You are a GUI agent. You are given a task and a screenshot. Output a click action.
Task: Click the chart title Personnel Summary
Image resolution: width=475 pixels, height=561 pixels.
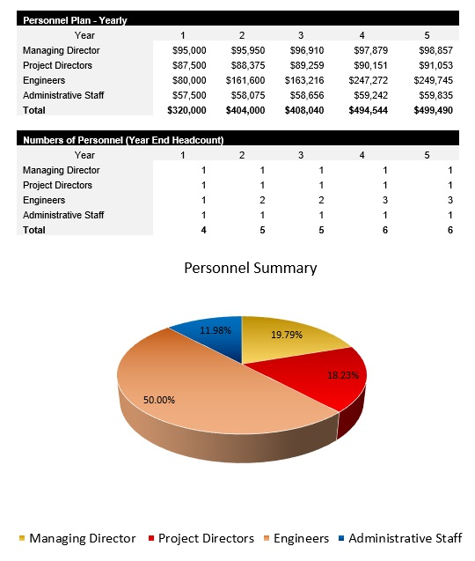(x=250, y=268)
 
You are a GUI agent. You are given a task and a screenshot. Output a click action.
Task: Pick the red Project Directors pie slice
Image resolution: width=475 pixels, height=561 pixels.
(x=339, y=380)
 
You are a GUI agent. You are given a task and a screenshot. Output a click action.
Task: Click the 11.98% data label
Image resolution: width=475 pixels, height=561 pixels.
(x=216, y=330)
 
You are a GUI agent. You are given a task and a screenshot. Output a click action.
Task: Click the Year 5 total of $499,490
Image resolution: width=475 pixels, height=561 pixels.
(x=434, y=110)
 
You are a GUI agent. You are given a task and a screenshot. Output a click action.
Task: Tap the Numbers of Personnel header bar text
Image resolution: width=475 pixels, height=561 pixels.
(x=122, y=139)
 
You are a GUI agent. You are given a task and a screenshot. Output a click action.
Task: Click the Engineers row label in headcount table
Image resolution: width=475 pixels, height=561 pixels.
(x=44, y=200)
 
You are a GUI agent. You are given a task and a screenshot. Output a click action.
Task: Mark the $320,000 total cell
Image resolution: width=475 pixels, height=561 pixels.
(x=186, y=110)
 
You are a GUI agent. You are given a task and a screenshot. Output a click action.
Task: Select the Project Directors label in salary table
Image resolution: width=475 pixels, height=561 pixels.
(x=57, y=65)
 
